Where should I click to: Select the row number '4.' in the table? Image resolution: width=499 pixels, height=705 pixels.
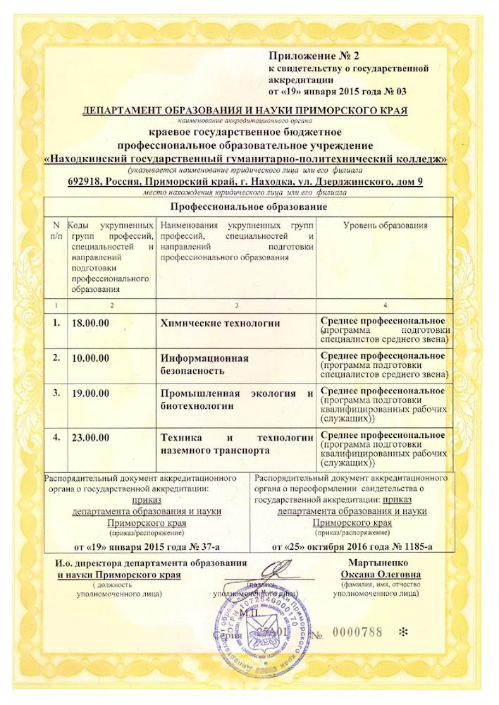pos(56,436)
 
